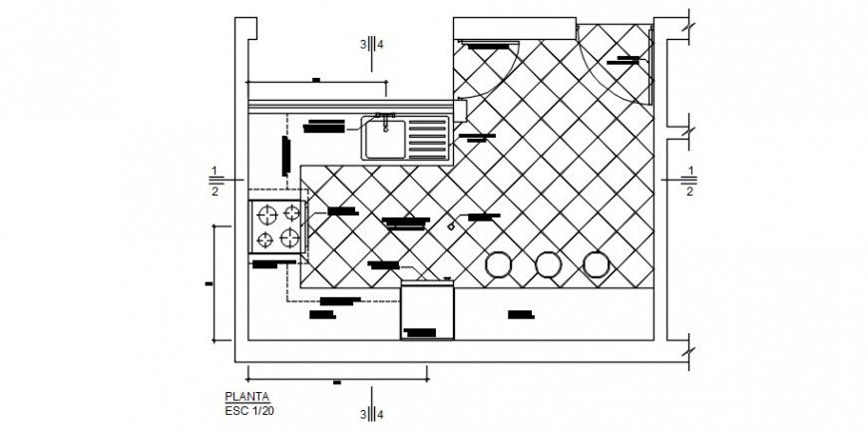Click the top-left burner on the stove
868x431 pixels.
[266, 213]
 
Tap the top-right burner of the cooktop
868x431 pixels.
[290, 213]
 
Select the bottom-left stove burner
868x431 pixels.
[266, 238]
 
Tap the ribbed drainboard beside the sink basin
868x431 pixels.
[430, 137]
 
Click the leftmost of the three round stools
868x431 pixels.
[497, 264]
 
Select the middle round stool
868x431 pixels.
[547, 264]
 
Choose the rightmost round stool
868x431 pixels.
[596, 264]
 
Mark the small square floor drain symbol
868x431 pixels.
[451, 226]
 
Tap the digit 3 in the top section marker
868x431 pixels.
[363, 44]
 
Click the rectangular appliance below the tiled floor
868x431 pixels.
[427, 309]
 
